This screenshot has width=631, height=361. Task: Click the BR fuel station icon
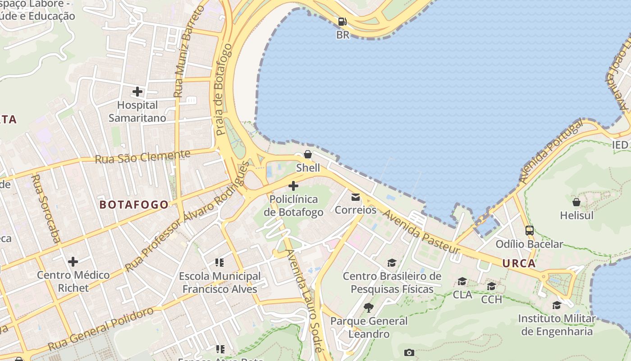pyautogui.click(x=343, y=21)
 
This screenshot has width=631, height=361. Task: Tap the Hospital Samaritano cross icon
pyautogui.click(x=137, y=92)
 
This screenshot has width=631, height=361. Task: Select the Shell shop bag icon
pyautogui.click(x=308, y=155)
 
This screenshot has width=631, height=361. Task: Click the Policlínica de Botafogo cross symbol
pyautogui.click(x=293, y=185)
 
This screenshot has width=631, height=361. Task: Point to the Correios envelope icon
pyautogui.click(x=356, y=197)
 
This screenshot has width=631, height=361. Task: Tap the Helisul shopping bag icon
pyautogui.click(x=576, y=202)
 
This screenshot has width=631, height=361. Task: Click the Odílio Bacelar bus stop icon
pyautogui.click(x=530, y=231)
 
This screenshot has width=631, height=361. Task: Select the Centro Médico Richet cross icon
pyautogui.click(x=73, y=262)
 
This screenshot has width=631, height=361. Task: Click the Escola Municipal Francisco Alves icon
pyautogui.click(x=219, y=262)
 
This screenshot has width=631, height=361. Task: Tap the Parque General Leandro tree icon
pyautogui.click(x=369, y=308)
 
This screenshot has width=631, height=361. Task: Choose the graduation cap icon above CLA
pyautogui.click(x=462, y=282)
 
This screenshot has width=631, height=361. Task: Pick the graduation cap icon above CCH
pyautogui.click(x=491, y=286)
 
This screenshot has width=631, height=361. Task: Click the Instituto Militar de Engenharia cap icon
pyautogui.click(x=557, y=305)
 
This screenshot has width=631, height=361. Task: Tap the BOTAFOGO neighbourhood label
pyautogui.click(x=134, y=205)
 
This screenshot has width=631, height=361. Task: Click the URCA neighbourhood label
pyautogui.click(x=519, y=264)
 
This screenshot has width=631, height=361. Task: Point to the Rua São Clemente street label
pyautogui.click(x=142, y=157)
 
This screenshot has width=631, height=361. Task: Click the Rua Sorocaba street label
pyautogui.click(x=45, y=208)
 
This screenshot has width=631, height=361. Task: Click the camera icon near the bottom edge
pyautogui.click(x=409, y=352)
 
